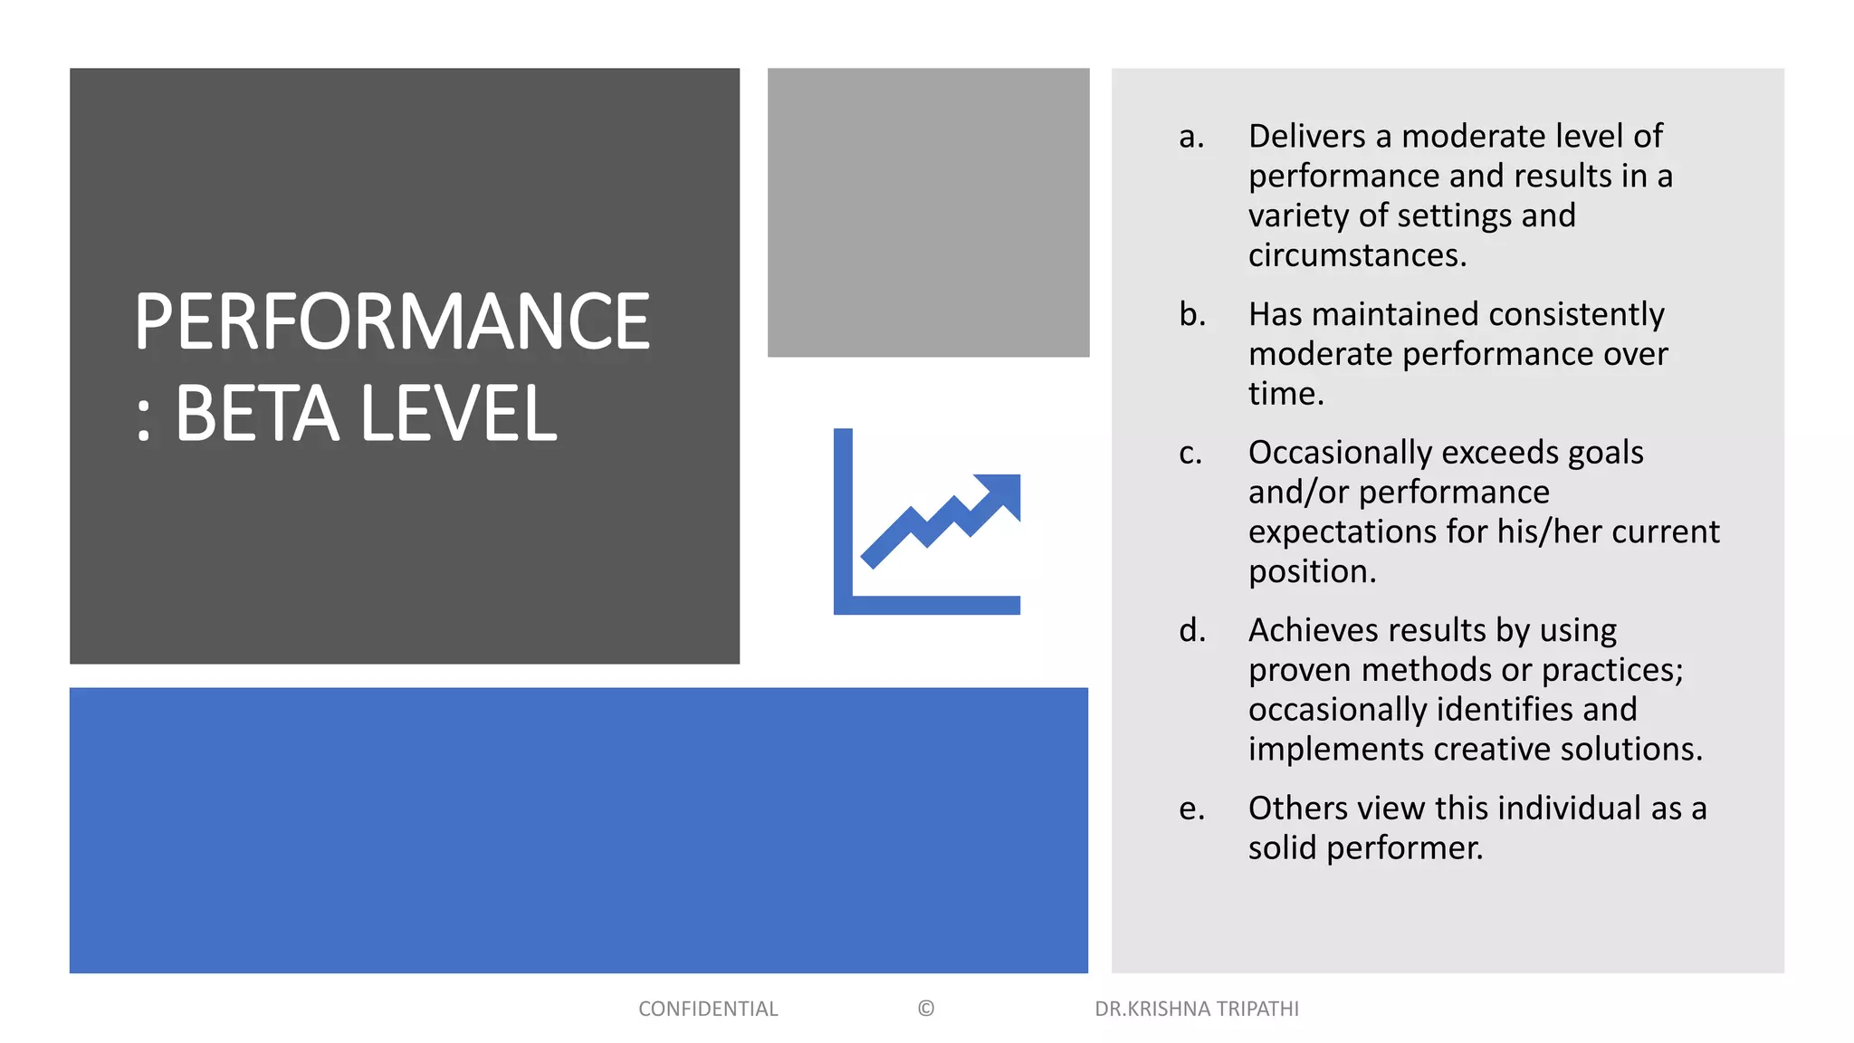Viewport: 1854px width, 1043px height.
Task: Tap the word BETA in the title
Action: tap(257, 414)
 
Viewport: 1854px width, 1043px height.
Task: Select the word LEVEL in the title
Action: tap(459, 414)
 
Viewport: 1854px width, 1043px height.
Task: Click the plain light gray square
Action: tap(928, 212)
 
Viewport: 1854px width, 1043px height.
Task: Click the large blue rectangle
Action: tap(578, 829)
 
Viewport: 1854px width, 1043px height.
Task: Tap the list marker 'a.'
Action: tap(1191, 136)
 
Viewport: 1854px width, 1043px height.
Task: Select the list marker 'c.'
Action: tap(1190, 453)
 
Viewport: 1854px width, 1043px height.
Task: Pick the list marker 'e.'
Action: tap(1191, 809)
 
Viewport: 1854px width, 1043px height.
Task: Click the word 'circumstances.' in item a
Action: tap(1357, 255)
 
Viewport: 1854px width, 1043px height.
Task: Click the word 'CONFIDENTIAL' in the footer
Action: tap(708, 1009)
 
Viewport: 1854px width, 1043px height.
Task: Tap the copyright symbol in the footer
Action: tap(925, 1009)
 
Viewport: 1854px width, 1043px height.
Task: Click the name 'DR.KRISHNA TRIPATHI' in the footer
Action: tap(1196, 1009)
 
